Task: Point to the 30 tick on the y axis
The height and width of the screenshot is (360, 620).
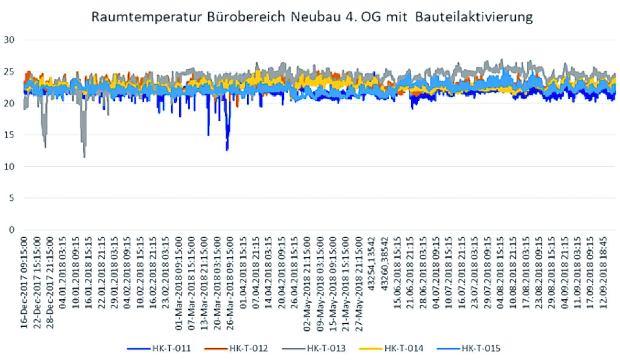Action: [x=9, y=40]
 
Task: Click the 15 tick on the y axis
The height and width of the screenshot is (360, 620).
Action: [x=9, y=135]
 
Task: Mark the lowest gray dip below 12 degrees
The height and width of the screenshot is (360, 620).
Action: [x=84, y=157]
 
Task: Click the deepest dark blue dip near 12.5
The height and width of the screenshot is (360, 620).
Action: [x=227, y=149]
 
